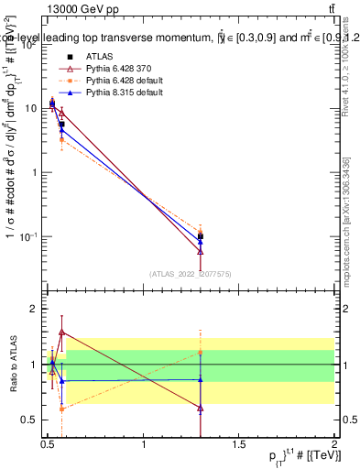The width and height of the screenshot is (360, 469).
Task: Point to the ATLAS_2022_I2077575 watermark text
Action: [191, 273]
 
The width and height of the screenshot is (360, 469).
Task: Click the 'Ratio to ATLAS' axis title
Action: [14, 365]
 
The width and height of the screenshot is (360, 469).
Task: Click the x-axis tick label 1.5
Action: [239, 446]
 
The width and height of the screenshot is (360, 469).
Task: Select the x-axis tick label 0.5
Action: [49, 446]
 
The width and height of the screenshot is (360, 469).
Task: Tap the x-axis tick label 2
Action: [334, 446]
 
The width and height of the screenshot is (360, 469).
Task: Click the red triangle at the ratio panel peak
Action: [61, 332]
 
